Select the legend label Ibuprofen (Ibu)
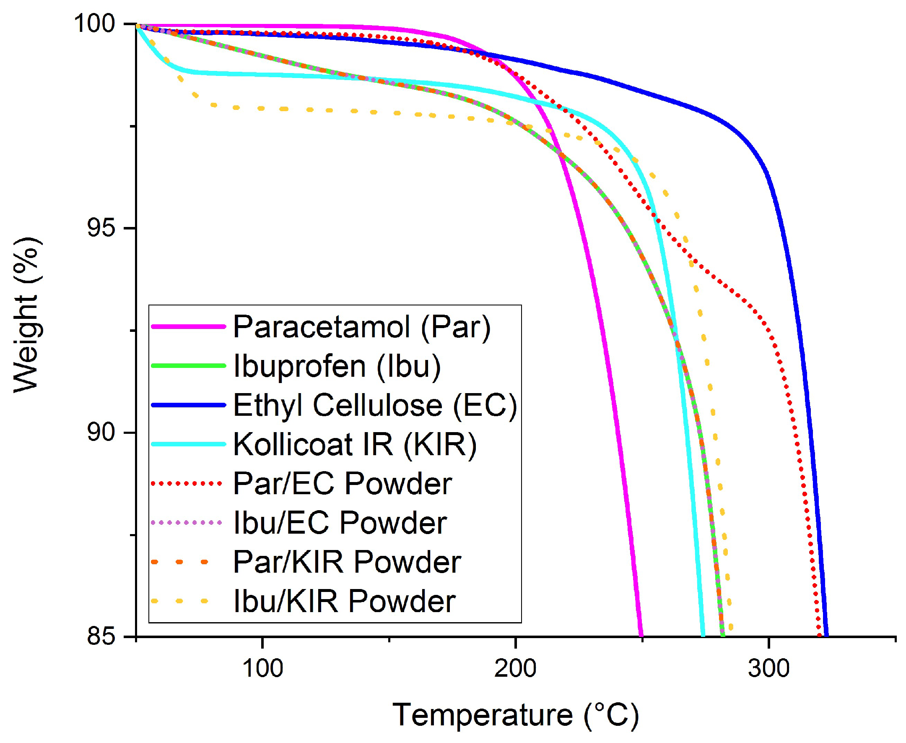[x=337, y=366]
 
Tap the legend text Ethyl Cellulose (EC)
[x=375, y=405]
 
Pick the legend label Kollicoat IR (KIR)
[x=355, y=444]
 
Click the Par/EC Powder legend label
[x=342, y=484]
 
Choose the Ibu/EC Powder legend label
[x=340, y=523]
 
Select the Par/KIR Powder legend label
[x=347, y=562]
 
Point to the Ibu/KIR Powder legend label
[x=344, y=601]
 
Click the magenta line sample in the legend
[x=188, y=326]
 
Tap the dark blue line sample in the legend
[x=188, y=405]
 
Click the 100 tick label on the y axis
[x=95, y=23]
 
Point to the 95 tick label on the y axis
[x=101, y=227]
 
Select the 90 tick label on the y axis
[x=101, y=432]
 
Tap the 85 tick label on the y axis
[x=101, y=636]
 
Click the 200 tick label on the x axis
[x=515, y=668]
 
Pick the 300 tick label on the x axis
[x=768, y=668]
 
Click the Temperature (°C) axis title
[x=515, y=715]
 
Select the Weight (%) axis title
[x=26, y=315]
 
